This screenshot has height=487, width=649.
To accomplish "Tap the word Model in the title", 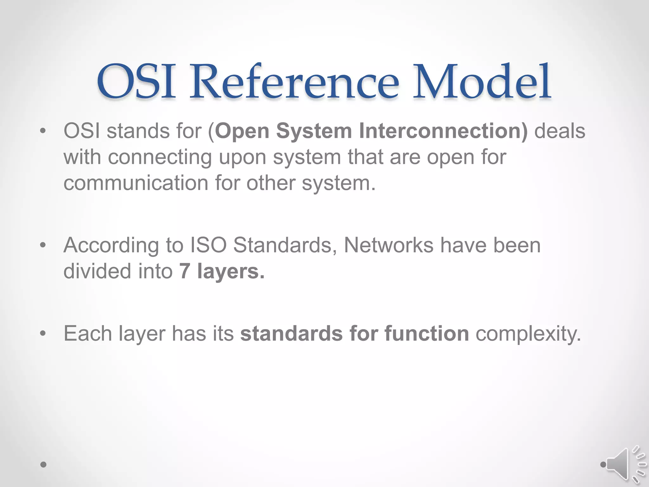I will click(x=482, y=82).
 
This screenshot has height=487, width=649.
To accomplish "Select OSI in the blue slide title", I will click(x=136, y=82).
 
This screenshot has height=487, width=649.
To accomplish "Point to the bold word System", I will click(x=314, y=131).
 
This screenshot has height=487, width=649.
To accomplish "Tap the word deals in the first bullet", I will click(x=560, y=131).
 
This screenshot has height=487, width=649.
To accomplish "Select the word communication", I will click(x=136, y=183).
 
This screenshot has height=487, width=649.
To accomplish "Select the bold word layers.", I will click(x=231, y=272).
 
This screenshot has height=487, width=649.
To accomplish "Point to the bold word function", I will click(x=427, y=334).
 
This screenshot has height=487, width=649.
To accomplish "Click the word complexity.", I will click(x=528, y=334).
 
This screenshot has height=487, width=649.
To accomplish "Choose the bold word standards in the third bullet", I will click(x=291, y=334).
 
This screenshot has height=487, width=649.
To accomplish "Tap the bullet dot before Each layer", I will click(x=43, y=334).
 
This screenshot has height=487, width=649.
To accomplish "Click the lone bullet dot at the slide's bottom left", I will click(x=43, y=464).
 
